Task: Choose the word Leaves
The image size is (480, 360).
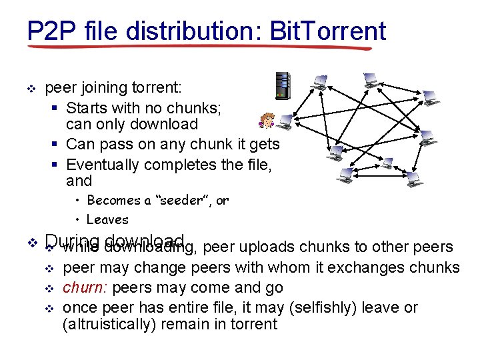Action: click(x=107, y=219)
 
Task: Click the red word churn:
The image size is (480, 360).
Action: click(x=85, y=287)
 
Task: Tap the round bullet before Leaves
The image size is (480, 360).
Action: click(x=78, y=219)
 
